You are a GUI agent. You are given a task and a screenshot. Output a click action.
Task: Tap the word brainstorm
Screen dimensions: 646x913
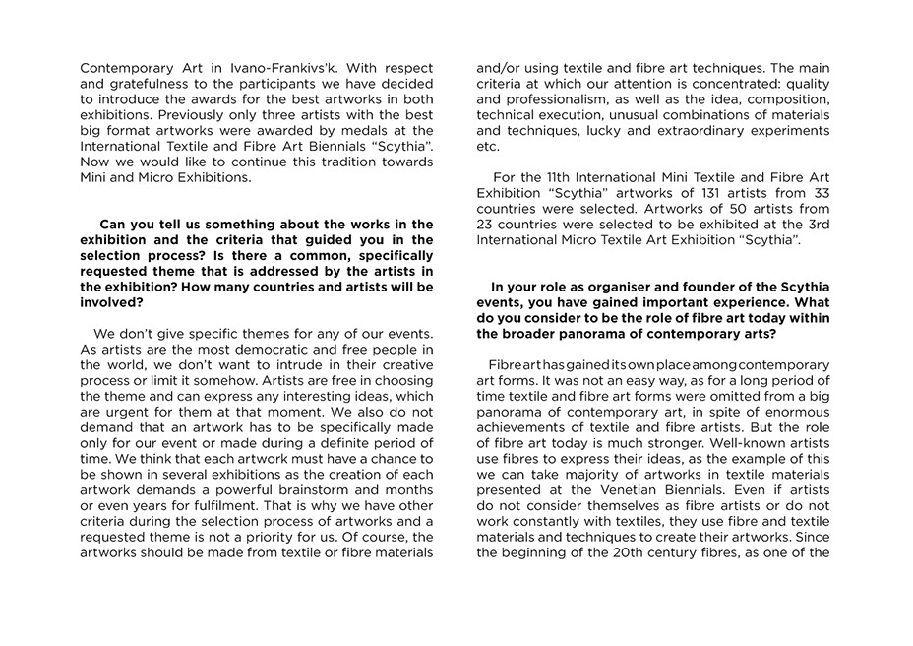tap(306, 490)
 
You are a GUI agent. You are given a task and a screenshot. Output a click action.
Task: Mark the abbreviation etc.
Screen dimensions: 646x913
tap(487, 146)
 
